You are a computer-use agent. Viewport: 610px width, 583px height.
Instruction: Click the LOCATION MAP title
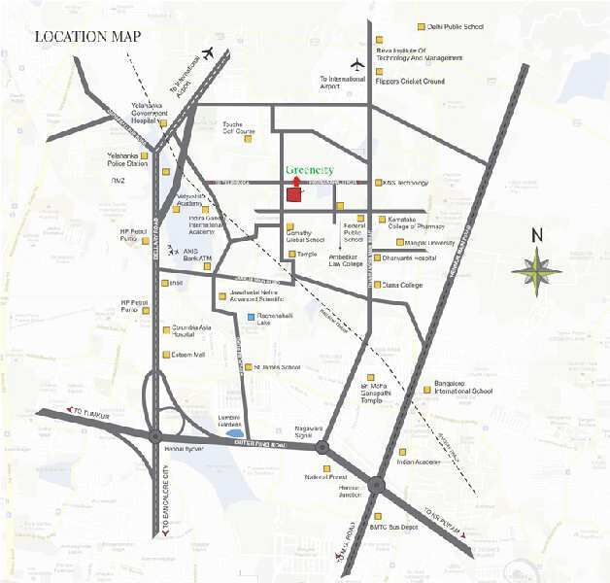tap(88, 37)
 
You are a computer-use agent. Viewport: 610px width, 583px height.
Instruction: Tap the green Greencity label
tap(310, 171)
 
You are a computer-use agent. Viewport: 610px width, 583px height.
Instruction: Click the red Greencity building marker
tap(294, 191)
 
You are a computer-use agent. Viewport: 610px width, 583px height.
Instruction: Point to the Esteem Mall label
tap(188, 355)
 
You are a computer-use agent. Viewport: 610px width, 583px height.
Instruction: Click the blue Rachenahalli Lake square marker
tap(251, 318)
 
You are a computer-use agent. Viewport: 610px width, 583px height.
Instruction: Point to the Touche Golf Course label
tap(240, 127)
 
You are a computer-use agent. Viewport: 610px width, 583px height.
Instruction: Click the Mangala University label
tap(430, 242)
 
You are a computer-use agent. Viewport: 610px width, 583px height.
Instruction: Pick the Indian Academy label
tap(420, 462)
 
